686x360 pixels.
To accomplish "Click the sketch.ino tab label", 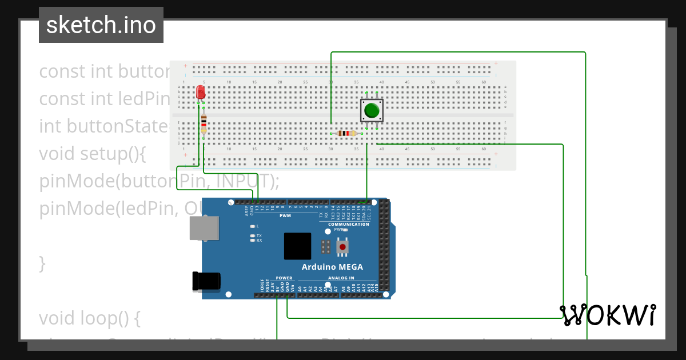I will tap(101, 25).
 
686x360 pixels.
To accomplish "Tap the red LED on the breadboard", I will tap(201, 93).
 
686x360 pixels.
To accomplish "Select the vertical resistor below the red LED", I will tap(204, 125).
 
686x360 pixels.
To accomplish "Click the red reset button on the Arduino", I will tap(342, 247).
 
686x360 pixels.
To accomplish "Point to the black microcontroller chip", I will tap(297, 246).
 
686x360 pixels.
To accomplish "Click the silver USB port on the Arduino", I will tap(204, 228).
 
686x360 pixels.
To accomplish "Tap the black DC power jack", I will tap(206, 281).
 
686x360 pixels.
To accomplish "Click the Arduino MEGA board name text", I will tap(332, 267).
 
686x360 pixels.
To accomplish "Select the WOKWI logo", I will tap(608, 315).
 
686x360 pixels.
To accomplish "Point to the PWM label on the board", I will tap(285, 216).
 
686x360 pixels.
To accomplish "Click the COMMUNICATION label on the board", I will tap(349, 224).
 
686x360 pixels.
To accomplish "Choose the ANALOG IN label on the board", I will tap(341, 278).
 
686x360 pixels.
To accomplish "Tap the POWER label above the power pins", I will tap(284, 278).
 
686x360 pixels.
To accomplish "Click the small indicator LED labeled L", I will tap(252, 226).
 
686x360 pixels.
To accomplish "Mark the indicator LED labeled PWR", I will tap(345, 230).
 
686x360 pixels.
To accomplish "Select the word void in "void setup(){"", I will tap(57, 154).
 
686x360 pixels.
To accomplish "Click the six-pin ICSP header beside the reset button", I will tap(326, 247).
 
